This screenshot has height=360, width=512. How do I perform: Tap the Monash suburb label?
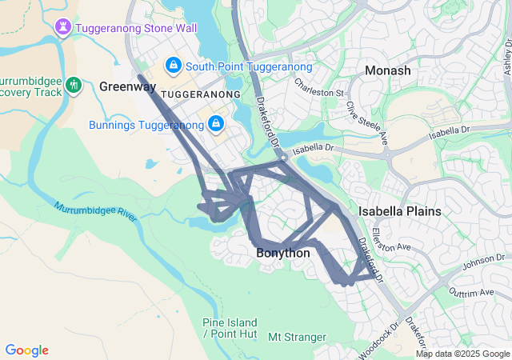click(387, 70)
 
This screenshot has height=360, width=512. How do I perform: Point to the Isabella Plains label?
click(399, 211)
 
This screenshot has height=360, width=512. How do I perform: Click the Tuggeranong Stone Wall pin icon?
click(63, 27)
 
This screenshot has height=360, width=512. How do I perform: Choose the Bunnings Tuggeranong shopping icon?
click(215, 124)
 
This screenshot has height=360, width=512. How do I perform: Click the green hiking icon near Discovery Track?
click(74, 84)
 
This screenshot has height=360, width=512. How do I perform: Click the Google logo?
click(26, 350)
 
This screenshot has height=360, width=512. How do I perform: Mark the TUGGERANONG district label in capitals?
click(201, 94)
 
